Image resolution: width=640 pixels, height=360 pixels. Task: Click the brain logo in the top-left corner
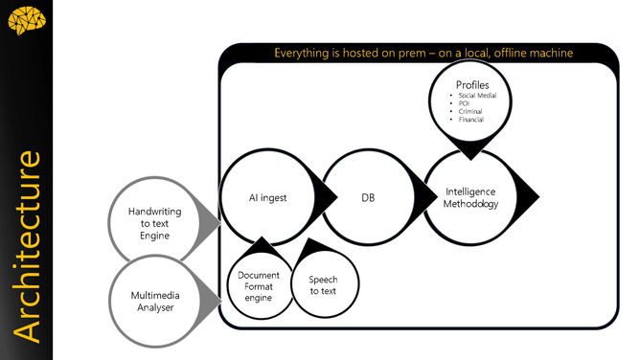coord(25,19)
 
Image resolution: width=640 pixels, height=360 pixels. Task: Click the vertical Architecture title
coord(27,244)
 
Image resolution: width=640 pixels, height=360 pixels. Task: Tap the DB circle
coord(368,198)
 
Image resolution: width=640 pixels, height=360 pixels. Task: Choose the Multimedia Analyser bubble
coord(155,301)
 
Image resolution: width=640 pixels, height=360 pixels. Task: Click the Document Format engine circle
coord(259,286)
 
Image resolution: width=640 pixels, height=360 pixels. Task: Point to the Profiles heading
coord(472,85)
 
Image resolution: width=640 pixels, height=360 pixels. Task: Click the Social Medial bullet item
coord(476,97)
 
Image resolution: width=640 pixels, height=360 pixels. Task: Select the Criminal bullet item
coord(469,112)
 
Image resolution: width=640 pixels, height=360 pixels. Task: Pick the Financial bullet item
coord(470,120)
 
